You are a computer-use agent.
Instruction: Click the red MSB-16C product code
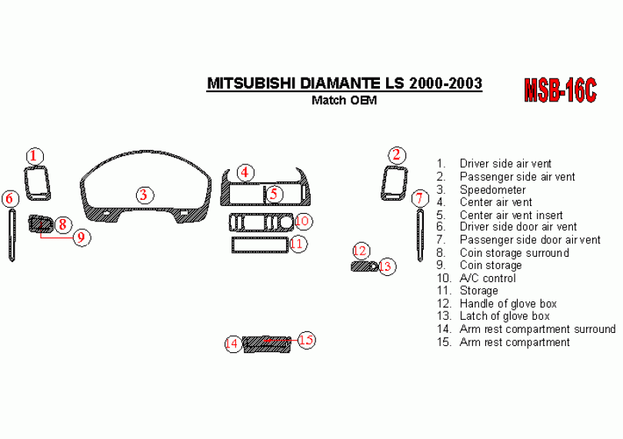(560, 91)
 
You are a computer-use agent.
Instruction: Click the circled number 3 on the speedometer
(143, 195)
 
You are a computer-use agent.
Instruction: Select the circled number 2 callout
(396, 156)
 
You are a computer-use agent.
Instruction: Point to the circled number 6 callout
(10, 199)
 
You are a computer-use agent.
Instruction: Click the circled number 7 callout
(419, 199)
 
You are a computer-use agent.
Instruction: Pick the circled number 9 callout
(80, 238)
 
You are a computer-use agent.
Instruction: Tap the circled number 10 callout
(302, 221)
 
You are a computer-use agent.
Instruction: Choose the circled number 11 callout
(298, 244)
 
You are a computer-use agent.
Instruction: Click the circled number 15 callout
(306, 340)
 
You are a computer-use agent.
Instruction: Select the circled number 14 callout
(232, 344)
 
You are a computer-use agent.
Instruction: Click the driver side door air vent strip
(12, 234)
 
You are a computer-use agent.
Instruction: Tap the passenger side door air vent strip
(420, 234)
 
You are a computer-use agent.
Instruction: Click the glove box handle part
(361, 267)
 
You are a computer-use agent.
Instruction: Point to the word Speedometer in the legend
(492, 189)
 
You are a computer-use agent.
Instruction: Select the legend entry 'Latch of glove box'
(504, 316)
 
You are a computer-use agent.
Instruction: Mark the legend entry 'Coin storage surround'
(514, 253)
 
